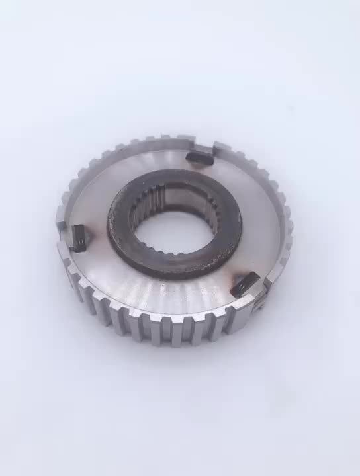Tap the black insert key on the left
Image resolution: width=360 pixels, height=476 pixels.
(78, 236)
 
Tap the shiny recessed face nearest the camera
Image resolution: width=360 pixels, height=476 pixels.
(165, 291)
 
